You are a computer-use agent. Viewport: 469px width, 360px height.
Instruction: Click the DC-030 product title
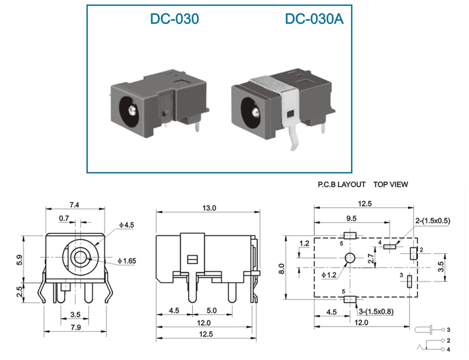tap(174, 19)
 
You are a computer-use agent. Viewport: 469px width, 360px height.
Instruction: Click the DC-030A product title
tap(314, 19)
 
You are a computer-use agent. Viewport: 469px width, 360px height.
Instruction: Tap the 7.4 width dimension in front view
tap(74, 205)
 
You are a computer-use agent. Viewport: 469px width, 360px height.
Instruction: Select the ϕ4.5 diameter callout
tap(127, 225)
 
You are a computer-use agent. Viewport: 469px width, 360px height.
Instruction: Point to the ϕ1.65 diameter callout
tap(127, 261)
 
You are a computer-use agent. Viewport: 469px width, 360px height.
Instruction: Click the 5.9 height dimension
tap(19, 259)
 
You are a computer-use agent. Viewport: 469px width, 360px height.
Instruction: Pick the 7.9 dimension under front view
tap(75, 327)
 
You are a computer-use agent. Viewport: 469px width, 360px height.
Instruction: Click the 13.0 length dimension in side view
tap(209, 208)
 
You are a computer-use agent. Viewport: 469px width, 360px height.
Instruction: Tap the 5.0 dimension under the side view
tap(212, 310)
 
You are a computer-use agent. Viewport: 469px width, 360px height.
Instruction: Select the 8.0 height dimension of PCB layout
tap(281, 268)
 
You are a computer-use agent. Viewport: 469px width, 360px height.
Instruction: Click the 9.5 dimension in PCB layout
tap(352, 219)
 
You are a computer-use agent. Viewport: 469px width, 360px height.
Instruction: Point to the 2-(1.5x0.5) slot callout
tap(433, 221)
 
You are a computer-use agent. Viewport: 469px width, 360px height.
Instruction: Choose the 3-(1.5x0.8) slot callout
tap(377, 312)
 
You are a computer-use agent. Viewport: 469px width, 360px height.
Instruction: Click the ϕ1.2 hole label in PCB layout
tap(329, 275)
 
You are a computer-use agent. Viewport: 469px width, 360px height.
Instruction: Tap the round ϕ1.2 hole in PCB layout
tap(350, 257)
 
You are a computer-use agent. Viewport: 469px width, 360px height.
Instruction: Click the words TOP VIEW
tap(391, 184)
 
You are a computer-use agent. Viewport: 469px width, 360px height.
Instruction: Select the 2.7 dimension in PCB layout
tap(371, 258)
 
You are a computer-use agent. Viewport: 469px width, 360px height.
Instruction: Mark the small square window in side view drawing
tap(192, 259)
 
